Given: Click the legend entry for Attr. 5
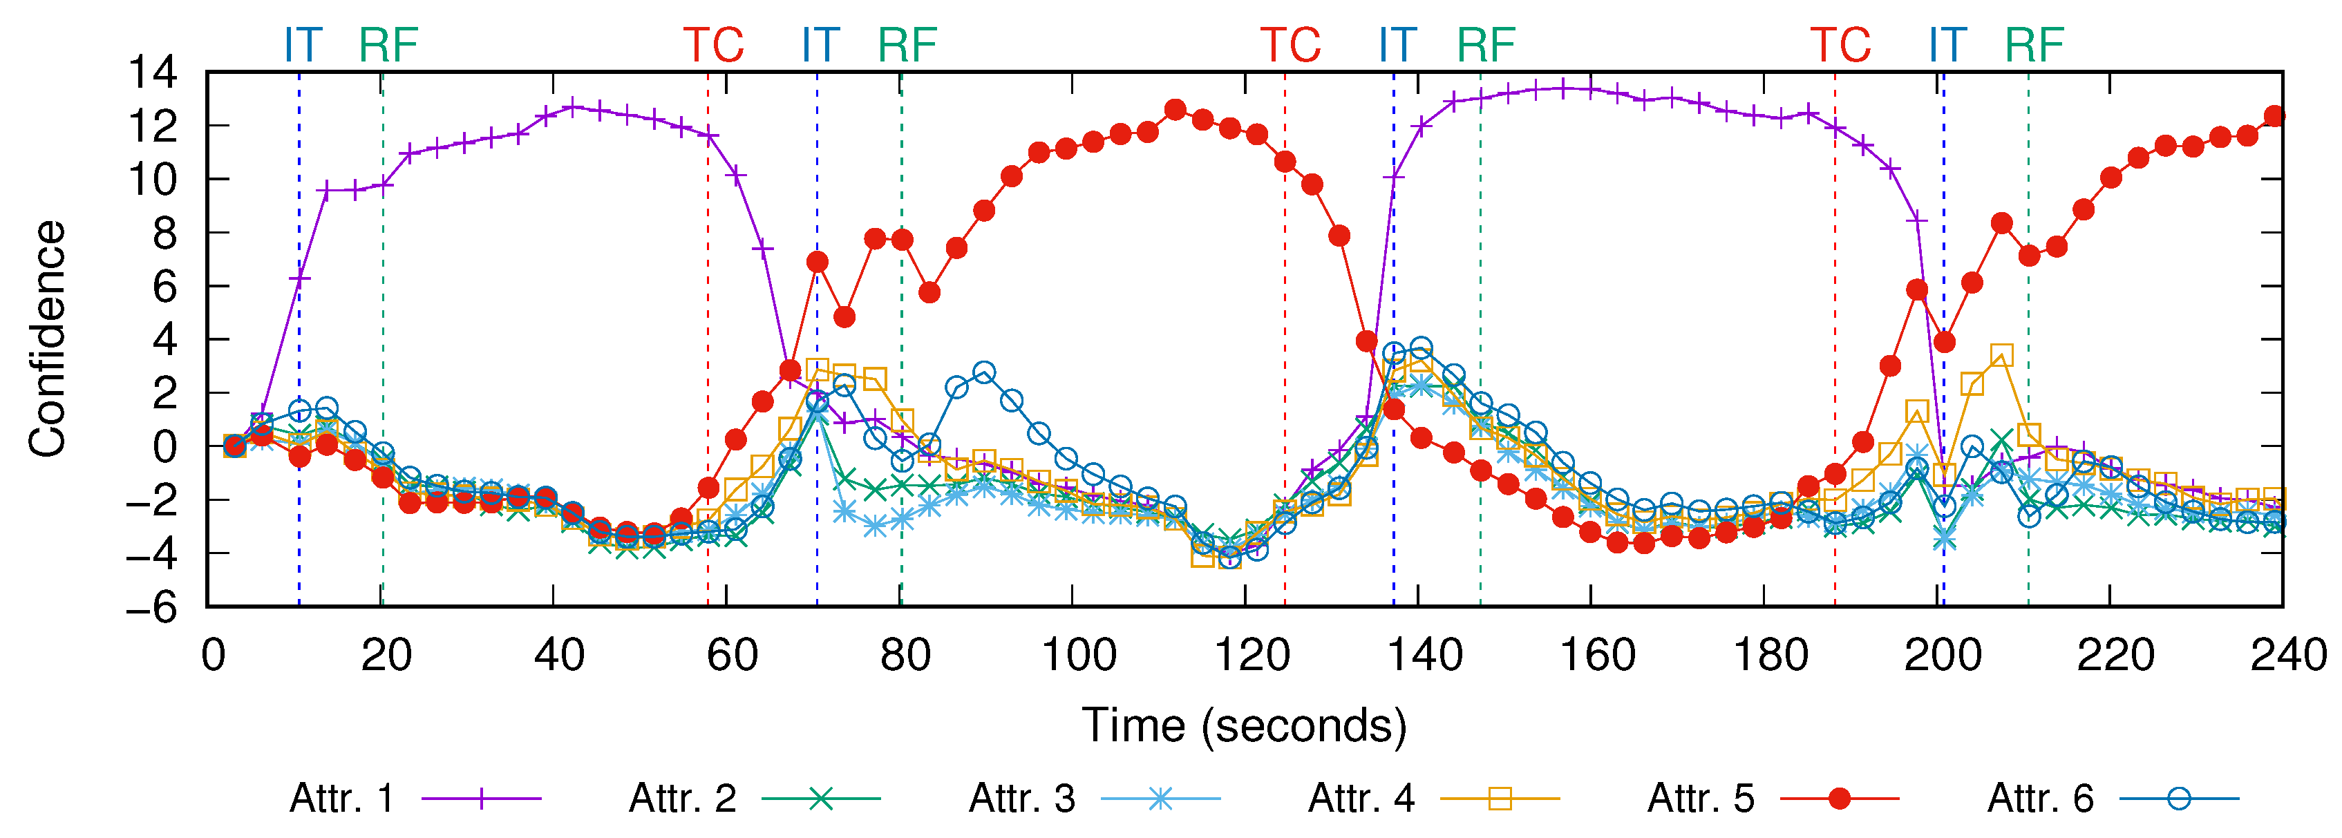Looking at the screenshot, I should coord(1772,799).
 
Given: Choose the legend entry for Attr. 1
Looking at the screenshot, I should coord(415,799).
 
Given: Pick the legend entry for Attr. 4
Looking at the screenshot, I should coord(1433,799).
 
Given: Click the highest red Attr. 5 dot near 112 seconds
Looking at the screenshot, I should coord(1175,110).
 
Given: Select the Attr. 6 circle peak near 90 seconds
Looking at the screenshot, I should coord(983,372).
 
